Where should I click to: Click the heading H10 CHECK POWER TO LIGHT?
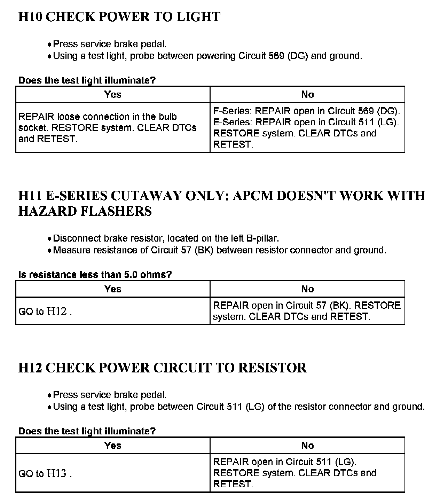(119, 17)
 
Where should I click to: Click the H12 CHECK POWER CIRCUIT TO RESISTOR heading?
(162, 368)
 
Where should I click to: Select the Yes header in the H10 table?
(113, 94)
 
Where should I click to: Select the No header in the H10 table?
(307, 94)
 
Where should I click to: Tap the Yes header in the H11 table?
(113, 289)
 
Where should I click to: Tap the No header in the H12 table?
(307, 446)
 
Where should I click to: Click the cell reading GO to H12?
(45, 311)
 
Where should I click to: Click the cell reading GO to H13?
(45, 473)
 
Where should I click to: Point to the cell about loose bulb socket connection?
(107, 127)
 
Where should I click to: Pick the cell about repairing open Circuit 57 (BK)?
(307, 311)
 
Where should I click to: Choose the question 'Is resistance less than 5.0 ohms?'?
(95, 274)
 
